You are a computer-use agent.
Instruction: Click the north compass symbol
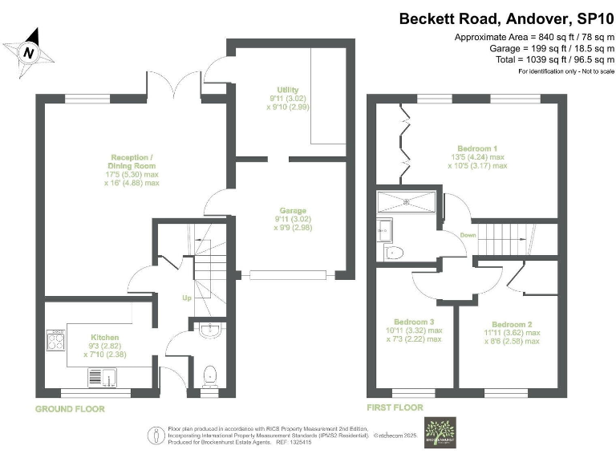[x=30, y=51]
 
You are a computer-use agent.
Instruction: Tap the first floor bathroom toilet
[x=394, y=253]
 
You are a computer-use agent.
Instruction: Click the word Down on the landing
[x=468, y=235]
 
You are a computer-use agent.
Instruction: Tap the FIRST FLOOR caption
[x=395, y=408]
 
